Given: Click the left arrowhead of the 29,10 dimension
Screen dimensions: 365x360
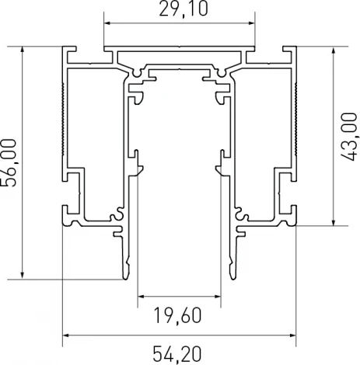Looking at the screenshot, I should (x=107, y=23).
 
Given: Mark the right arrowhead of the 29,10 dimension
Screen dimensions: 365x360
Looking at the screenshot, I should (x=253, y=23).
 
